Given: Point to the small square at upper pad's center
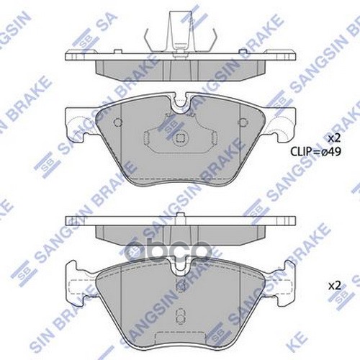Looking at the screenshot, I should point(181,135).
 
